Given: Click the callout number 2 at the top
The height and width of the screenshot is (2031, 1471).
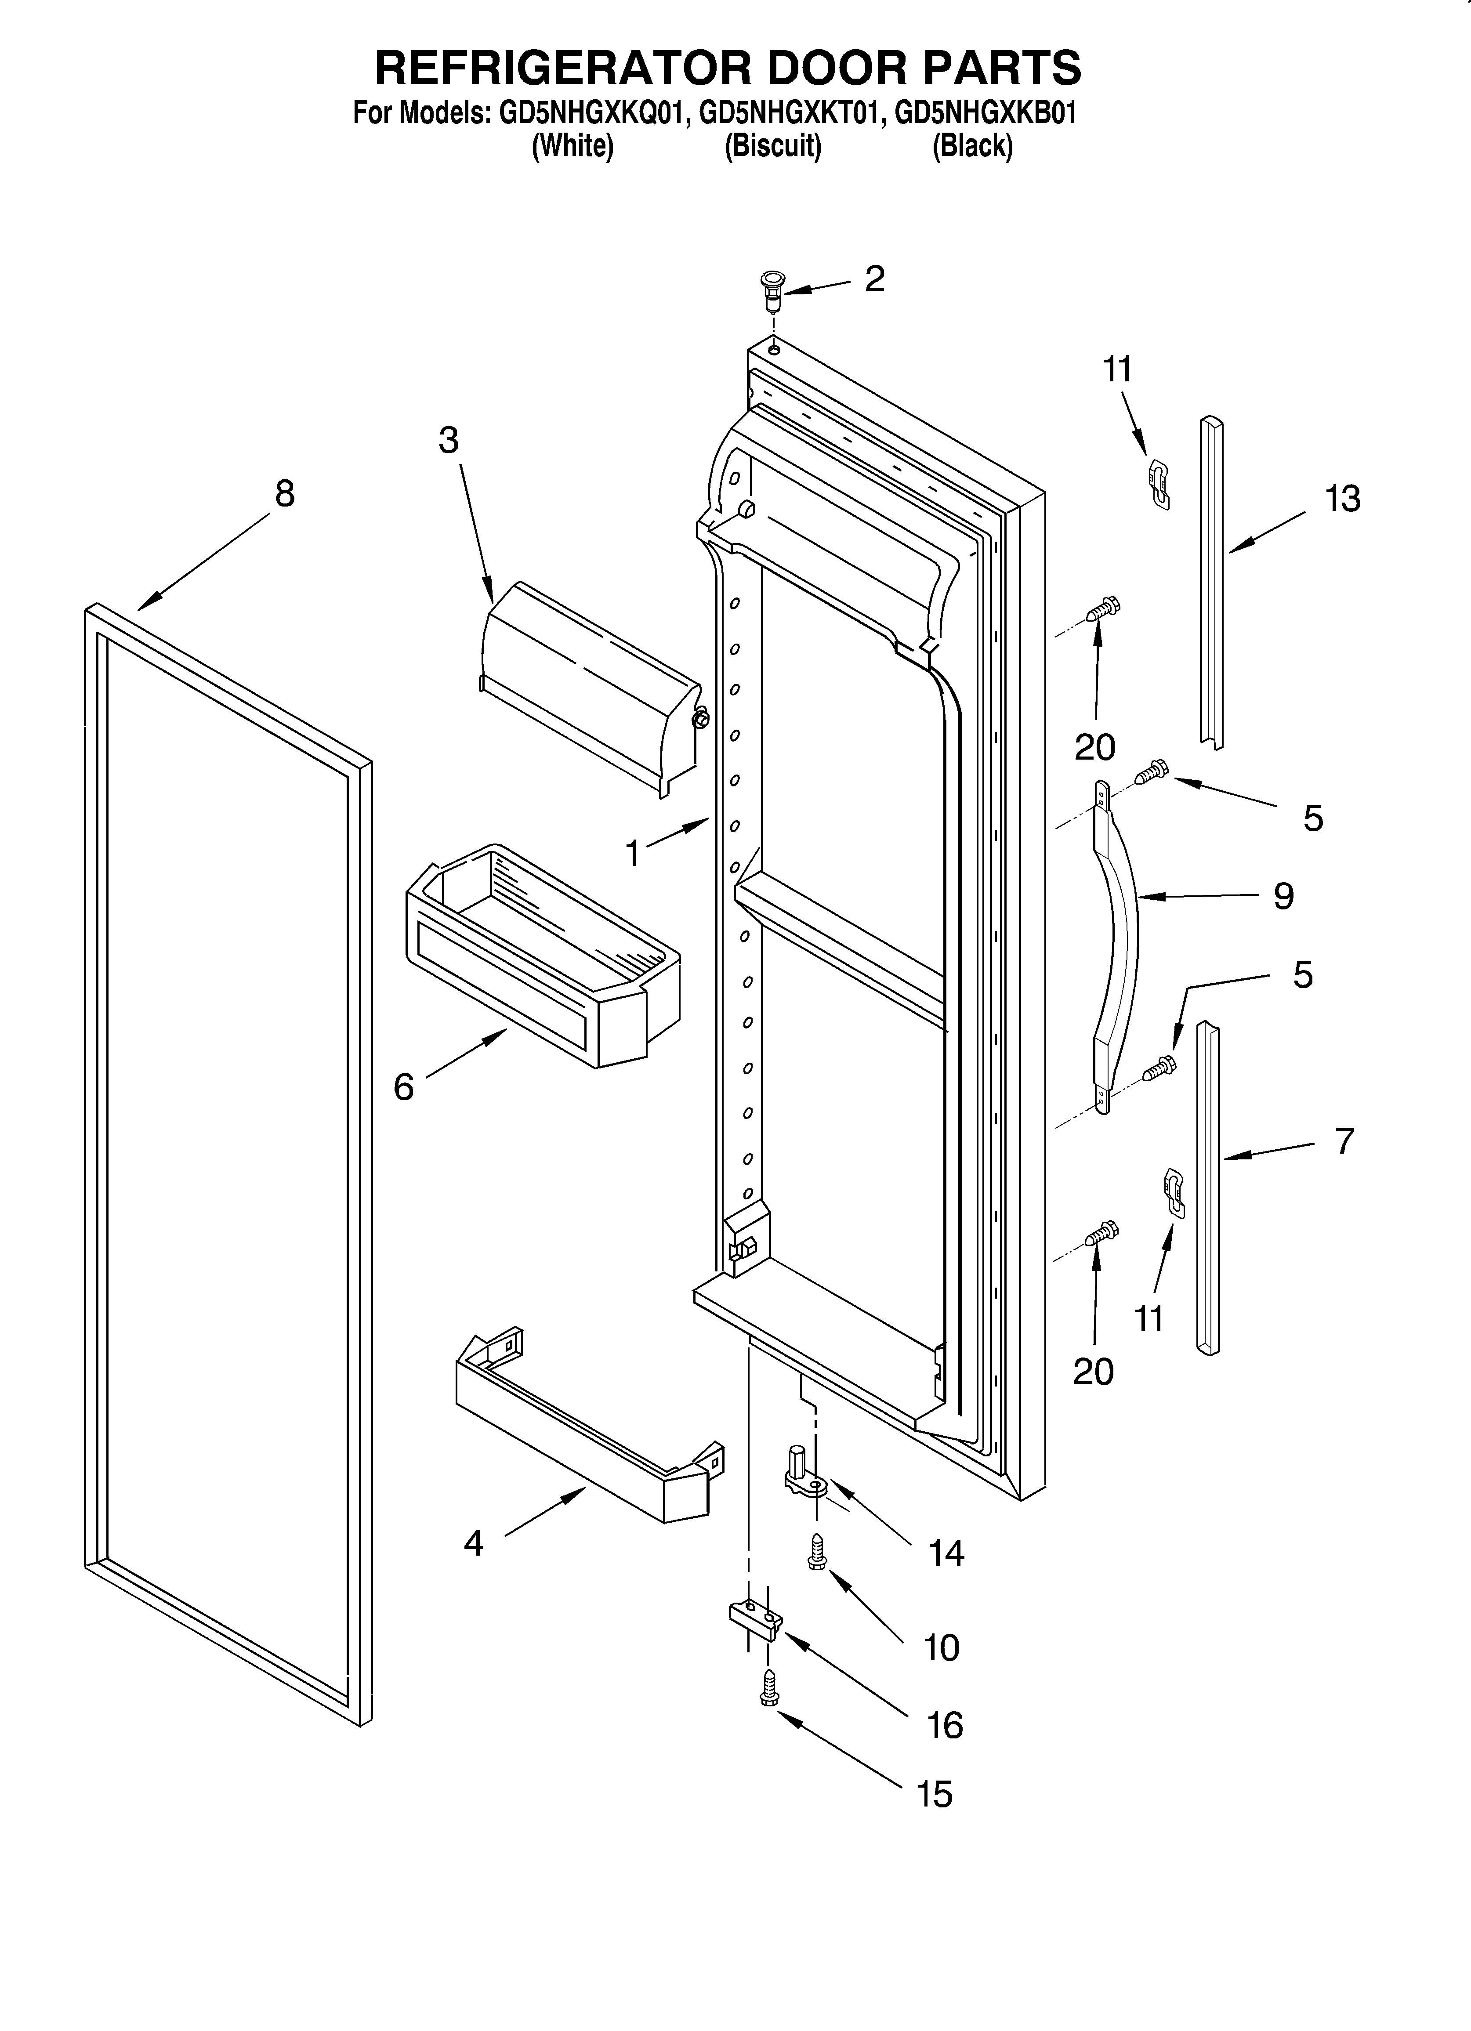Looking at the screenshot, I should pos(874,279).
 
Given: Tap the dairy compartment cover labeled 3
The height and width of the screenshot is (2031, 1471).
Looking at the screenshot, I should pos(591,685).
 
